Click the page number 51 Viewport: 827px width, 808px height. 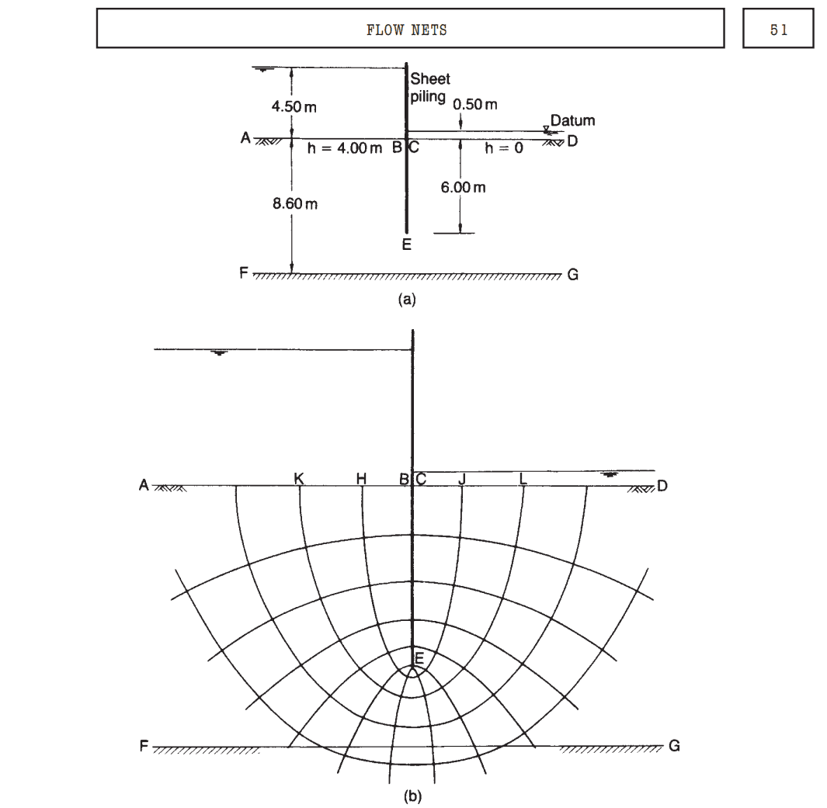[779, 30]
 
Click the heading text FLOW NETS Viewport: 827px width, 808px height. [407, 30]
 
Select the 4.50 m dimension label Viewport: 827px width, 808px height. [294, 107]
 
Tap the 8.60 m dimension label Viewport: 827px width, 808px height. [295, 203]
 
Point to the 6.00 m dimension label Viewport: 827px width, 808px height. [463, 187]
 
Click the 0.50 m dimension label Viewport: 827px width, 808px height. [474, 104]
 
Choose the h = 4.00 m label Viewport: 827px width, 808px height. [345, 148]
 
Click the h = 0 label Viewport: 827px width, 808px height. [504, 148]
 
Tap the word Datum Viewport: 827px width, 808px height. [573, 121]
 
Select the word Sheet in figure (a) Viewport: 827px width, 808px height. [430, 79]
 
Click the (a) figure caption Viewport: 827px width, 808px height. [407, 300]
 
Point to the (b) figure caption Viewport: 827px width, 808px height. [412, 796]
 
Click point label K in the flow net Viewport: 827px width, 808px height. [298, 479]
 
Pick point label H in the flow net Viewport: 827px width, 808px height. [361, 479]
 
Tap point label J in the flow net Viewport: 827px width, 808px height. [462, 479]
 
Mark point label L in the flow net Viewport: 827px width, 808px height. [523, 479]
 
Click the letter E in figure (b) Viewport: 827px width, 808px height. [419, 658]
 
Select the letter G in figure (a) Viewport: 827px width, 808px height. [573, 275]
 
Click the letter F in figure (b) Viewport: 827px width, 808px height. [144, 746]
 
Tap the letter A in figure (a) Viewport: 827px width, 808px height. [245, 138]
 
